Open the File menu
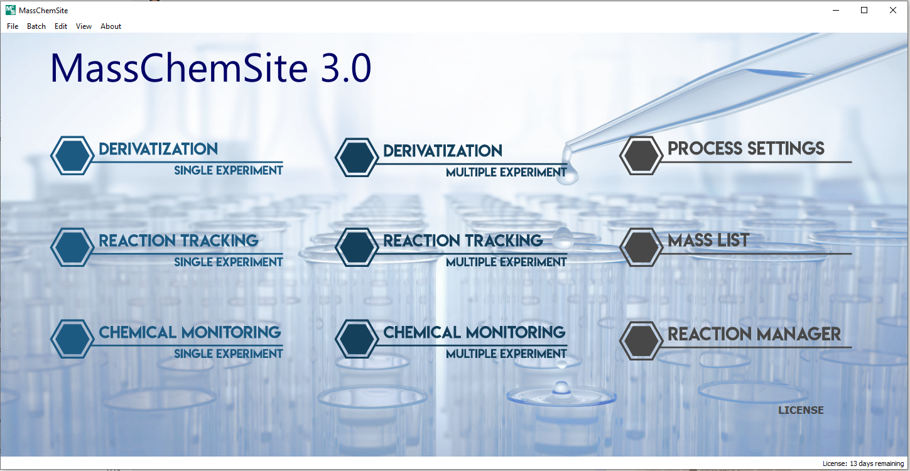point(13,26)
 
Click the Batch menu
point(36,26)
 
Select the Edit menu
point(61,26)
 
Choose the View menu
point(84,26)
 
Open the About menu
point(111,26)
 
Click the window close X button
point(892,10)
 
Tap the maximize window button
point(864,10)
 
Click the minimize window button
point(836,10)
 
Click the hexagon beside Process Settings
point(641,156)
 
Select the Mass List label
point(708,240)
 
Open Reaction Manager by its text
point(754,334)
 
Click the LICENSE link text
point(801,411)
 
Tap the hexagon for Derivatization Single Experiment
point(72,156)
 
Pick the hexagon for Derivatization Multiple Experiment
point(356,157)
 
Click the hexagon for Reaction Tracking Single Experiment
point(72,247)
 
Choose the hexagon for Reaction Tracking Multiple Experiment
point(356,247)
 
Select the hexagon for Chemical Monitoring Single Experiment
point(72,339)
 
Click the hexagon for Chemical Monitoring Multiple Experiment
point(356,339)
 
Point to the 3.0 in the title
point(345,68)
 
